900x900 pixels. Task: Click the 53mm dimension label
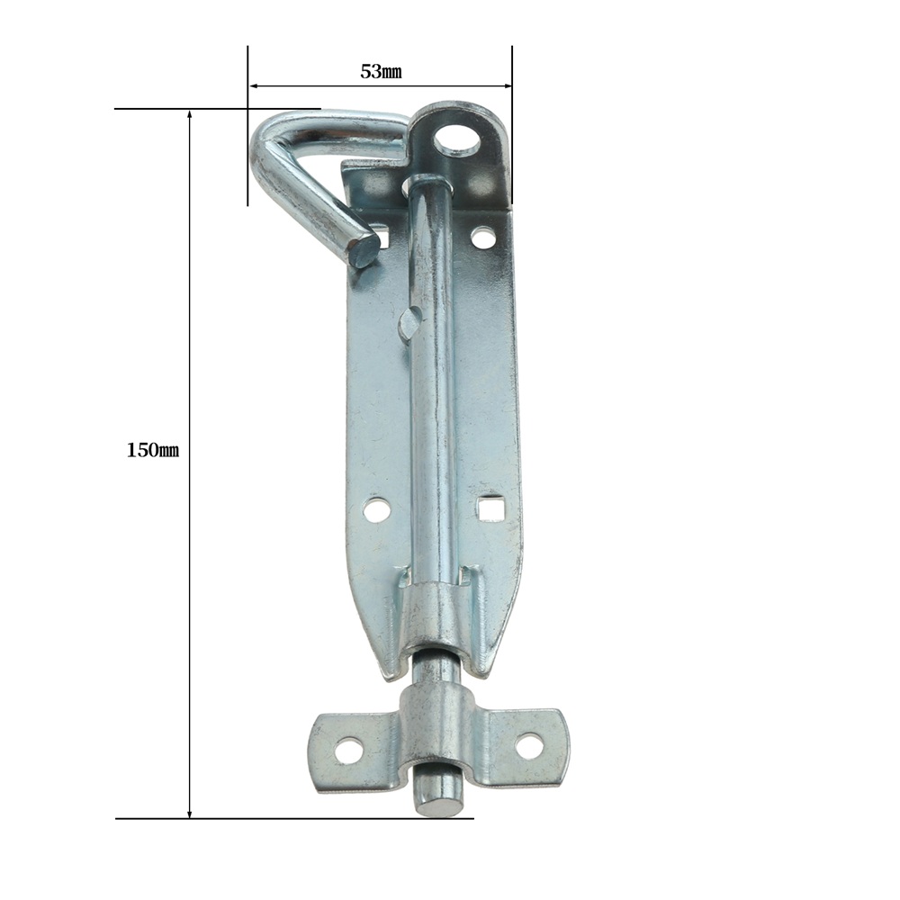point(381,72)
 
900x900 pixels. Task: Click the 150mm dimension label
point(153,450)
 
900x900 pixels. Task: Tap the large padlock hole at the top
point(457,140)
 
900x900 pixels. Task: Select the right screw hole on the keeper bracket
point(528,747)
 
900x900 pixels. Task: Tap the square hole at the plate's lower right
point(489,508)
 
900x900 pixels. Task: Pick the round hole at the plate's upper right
point(482,237)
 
